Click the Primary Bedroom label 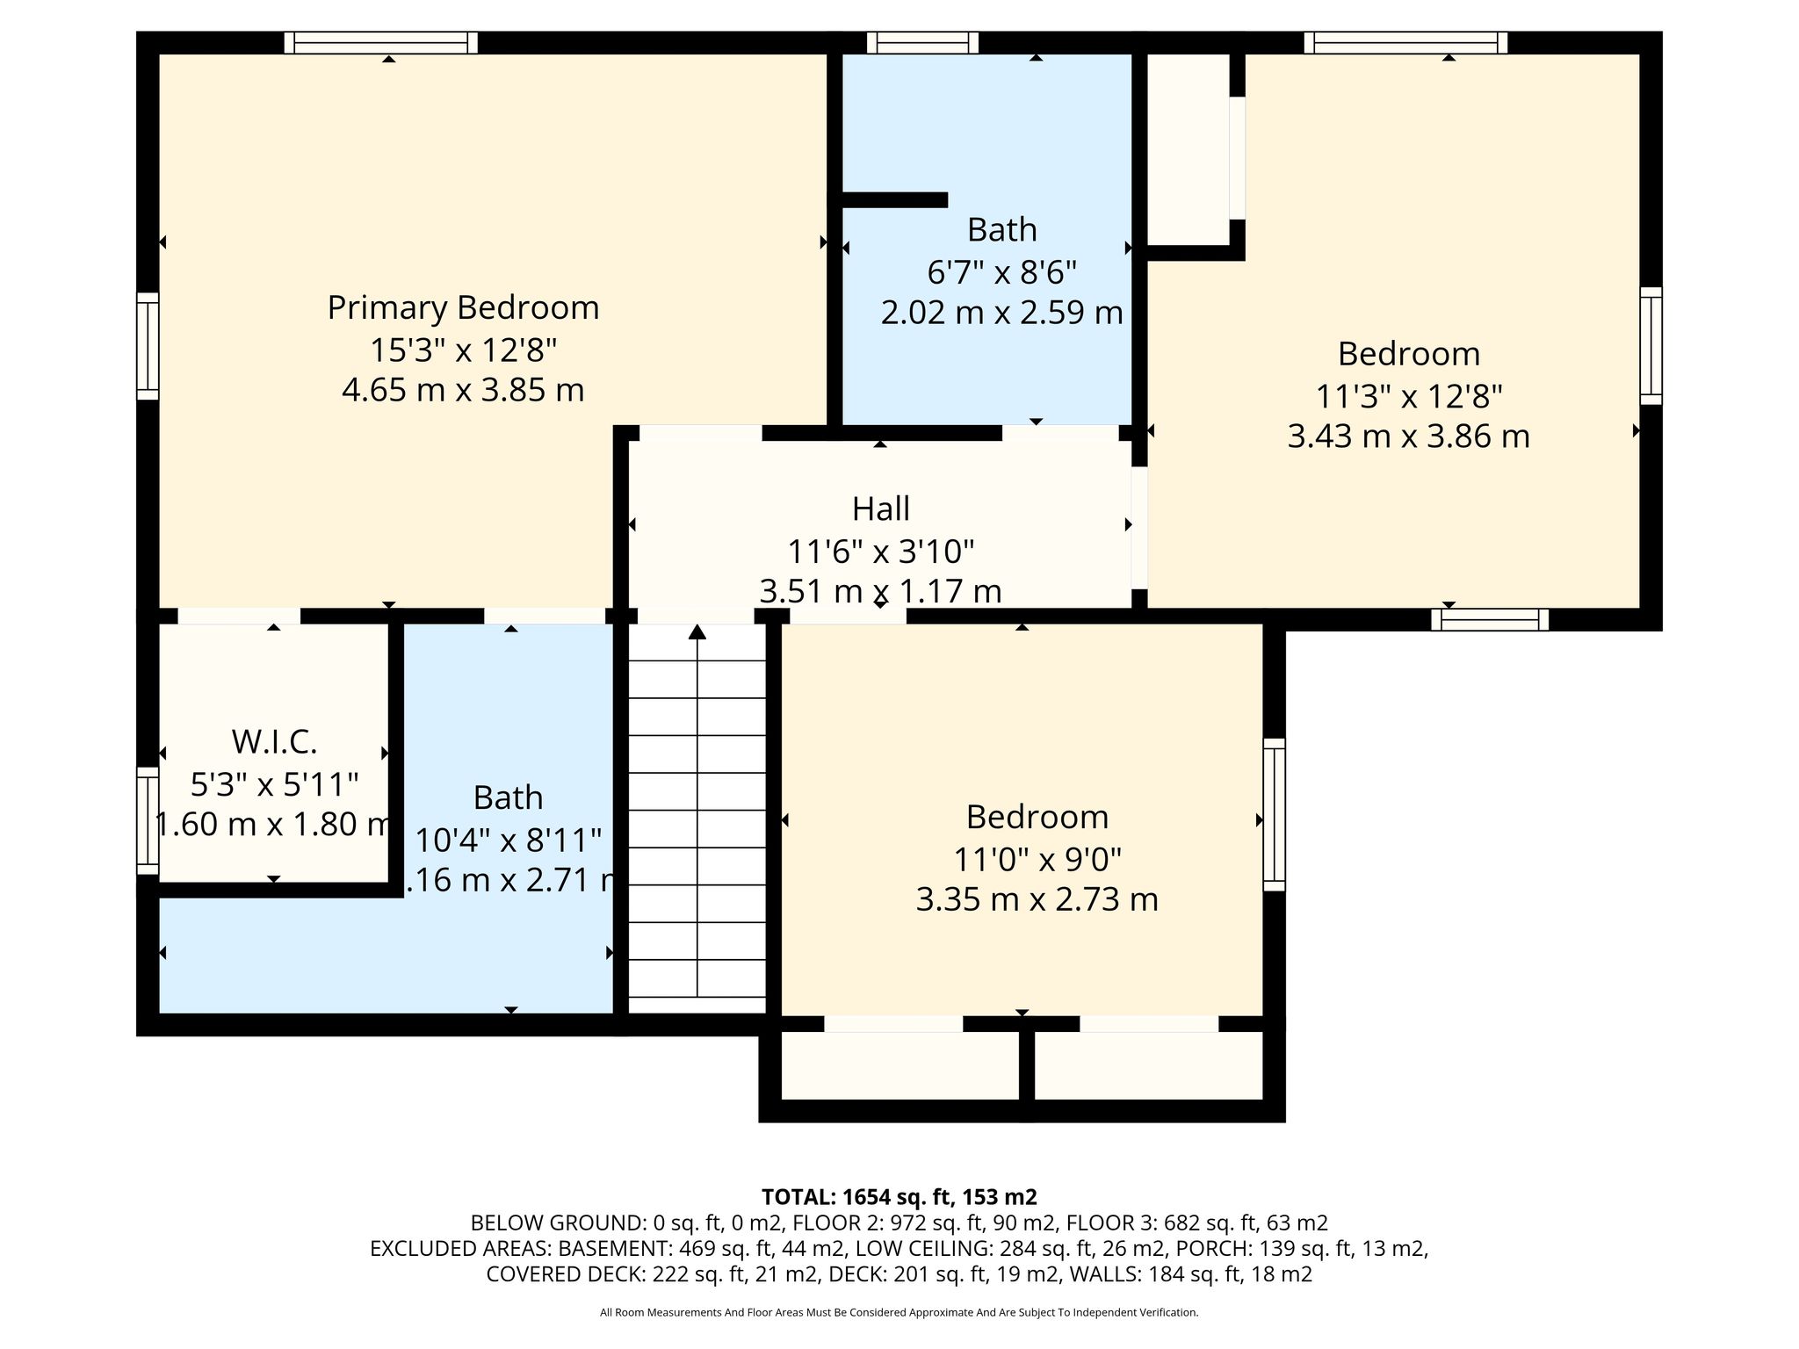[x=463, y=307]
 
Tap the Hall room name [x=881, y=509]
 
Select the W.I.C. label [x=274, y=742]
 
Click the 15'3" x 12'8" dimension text [x=463, y=350]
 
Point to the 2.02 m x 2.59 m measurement [x=1001, y=313]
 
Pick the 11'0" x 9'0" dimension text [x=1037, y=858]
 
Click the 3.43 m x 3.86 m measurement [x=1408, y=436]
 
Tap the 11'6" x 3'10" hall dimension [x=881, y=552]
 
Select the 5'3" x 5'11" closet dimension [x=274, y=783]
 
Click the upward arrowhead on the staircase [x=697, y=631]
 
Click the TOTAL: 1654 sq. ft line [x=899, y=1196]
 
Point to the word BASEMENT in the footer [x=607, y=1248]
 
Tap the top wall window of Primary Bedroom [x=381, y=43]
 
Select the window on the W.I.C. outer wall [x=148, y=821]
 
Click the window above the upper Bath [x=922, y=43]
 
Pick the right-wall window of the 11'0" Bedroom [x=1274, y=814]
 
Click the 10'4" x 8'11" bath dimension [x=508, y=840]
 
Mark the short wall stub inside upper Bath [x=894, y=200]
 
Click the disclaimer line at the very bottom [x=899, y=1312]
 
